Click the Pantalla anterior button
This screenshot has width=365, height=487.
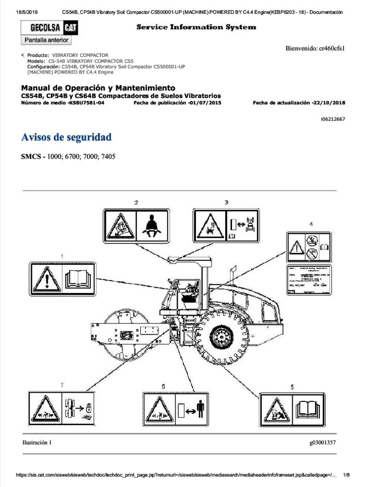(x=47, y=40)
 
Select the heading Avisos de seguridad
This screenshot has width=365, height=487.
(x=67, y=137)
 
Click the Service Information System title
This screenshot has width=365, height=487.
(x=196, y=27)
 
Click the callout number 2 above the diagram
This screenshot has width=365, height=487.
(x=136, y=203)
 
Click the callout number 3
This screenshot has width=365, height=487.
(x=226, y=203)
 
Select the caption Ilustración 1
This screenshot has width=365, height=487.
(x=37, y=442)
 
